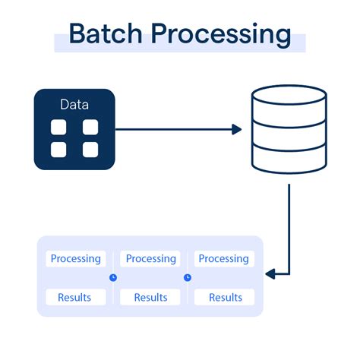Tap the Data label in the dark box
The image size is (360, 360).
(74, 104)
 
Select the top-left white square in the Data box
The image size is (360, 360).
(59, 128)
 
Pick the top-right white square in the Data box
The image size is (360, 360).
(90, 128)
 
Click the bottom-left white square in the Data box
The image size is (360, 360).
(59, 150)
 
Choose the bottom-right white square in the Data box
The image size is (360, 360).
(90, 150)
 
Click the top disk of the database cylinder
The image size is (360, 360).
(289, 97)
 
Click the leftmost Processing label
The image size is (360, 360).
(75, 259)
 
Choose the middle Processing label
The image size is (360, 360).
(150, 259)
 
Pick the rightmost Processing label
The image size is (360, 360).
(224, 259)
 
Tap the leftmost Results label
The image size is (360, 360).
(75, 297)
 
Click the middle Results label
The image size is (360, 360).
(150, 297)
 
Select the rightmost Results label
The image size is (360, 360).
(224, 297)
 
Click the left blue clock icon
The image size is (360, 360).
(113, 277)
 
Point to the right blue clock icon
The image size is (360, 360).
(188, 277)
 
